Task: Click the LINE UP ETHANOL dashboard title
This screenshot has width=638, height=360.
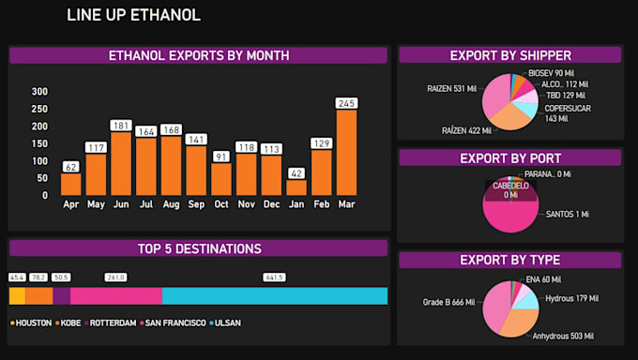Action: click(x=133, y=15)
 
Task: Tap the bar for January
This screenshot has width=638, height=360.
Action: click(x=296, y=187)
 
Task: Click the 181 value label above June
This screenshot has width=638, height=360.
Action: click(x=121, y=126)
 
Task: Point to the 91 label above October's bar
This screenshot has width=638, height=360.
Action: click(x=221, y=157)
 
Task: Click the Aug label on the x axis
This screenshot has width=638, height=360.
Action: click(x=171, y=203)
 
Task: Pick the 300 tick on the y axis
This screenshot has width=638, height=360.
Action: click(x=39, y=92)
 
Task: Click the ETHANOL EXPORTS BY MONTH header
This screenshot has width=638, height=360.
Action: click(x=198, y=55)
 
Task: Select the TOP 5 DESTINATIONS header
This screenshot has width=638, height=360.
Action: click(x=198, y=248)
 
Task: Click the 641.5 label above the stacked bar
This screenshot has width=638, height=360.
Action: click(x=274, y=277)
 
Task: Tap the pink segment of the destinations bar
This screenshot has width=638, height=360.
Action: click(x=116, y=296)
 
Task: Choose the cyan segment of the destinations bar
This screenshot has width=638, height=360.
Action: click(x=274, y=296)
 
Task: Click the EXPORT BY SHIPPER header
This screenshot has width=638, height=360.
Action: click(x=509, y=55)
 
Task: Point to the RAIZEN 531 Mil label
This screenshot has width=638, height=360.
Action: click(x=451, y=88)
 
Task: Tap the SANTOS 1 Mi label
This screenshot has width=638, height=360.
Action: click(x=569, y=215)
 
